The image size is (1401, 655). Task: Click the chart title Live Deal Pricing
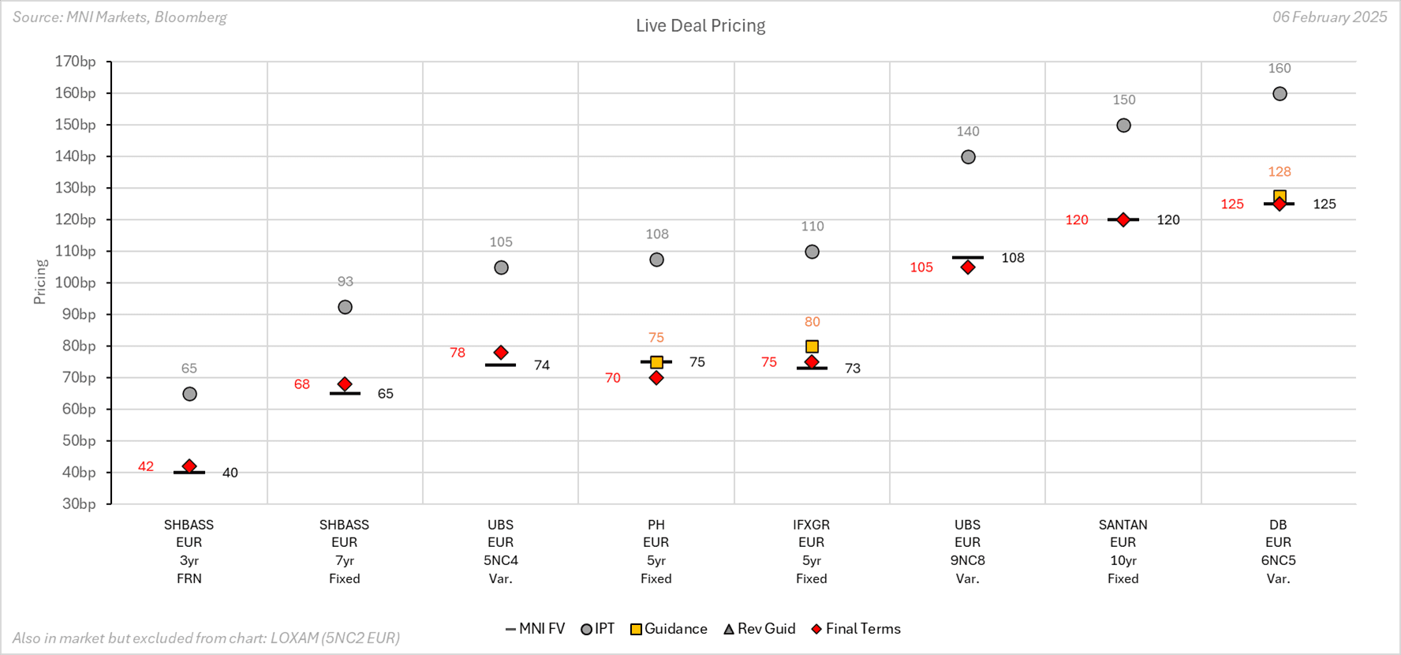coord(700,26)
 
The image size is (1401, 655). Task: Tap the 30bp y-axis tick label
coord(79,503)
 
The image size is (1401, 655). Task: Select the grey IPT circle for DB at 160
coord(1280,94)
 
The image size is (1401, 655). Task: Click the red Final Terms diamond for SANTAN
coord(1123,219)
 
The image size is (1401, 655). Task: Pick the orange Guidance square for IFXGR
coord(812,346)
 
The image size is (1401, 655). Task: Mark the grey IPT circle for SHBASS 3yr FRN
coord(189,394)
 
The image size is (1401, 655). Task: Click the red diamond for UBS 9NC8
coord(968,268)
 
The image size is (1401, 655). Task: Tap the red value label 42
coord(146,466)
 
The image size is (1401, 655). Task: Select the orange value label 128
coord(1280,172)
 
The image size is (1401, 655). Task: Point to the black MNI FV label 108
coord(1013,258)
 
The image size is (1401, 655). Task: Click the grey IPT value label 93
coord(345,282)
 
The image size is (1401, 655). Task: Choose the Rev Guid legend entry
coord(759,629)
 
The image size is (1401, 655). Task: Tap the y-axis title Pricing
coord(40,282)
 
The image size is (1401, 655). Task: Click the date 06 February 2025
coord(1329,17)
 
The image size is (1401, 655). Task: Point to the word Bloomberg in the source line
coord(190,17)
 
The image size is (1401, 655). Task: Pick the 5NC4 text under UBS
coord(500,561)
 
